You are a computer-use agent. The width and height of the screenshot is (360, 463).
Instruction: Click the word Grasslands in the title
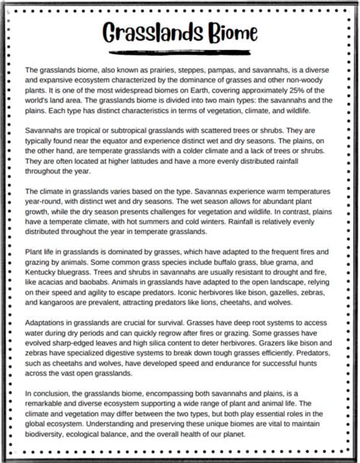coord(145,33)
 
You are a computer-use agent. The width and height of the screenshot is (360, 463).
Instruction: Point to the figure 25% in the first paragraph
coord(305,90)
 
